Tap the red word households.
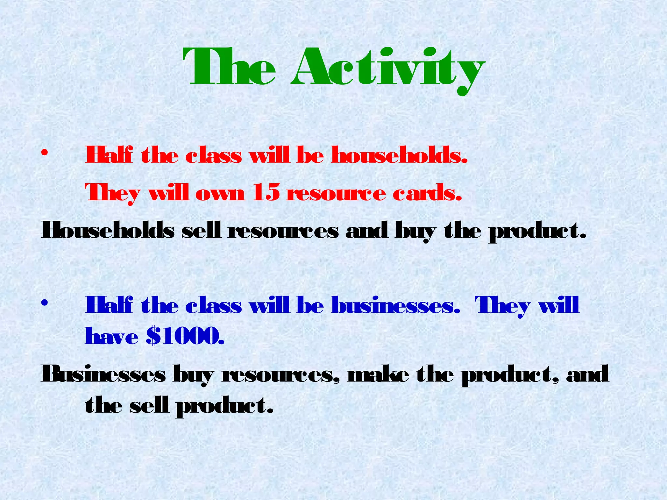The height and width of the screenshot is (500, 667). [x=399, y=155]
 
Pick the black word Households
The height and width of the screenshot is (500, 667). [x=107, y=231]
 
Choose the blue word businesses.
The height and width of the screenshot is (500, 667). [x=395, y=306]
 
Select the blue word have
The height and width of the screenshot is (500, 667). [x=111, y=337]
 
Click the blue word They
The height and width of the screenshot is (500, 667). [x=502, y=306]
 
